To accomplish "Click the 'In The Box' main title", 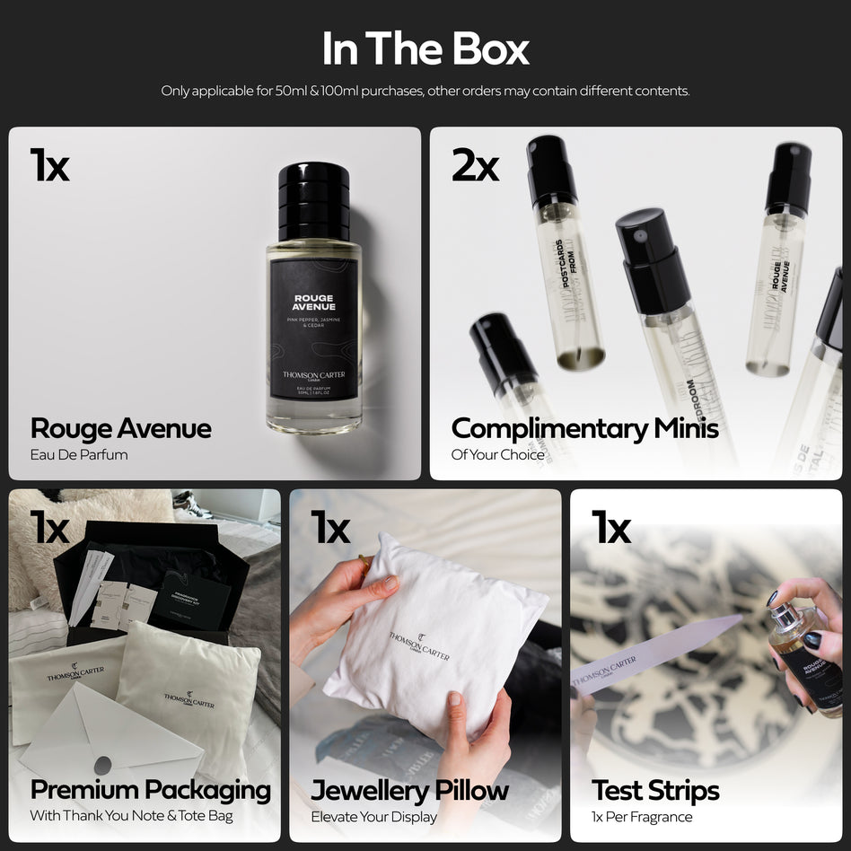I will (x=425, y=49).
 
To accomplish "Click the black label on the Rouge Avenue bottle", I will (x=314, y=329).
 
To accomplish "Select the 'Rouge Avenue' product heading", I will (x=121, y=428).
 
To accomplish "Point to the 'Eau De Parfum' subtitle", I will (x=79, y=454).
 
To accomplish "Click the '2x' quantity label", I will (x=475, y=165).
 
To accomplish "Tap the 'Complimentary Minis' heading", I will (x=584, y=428).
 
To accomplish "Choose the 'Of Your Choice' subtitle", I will (x=497, y=454).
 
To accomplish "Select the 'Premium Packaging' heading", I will (x=150, y=790).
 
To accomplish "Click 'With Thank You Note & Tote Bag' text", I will (x=131, y=816).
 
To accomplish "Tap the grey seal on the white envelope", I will (x=103, y=765).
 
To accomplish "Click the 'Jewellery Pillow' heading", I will (x=409, y=790).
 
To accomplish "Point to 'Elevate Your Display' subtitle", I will (x=373, y=816).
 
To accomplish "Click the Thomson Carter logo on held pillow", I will (x=419, y=645).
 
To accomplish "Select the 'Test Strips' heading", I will (x=655, y=790).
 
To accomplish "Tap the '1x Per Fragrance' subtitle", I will (x=642, y=816).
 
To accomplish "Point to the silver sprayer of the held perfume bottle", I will (x=782, y=616).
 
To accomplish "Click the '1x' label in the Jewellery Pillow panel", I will (x=329, y=528).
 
